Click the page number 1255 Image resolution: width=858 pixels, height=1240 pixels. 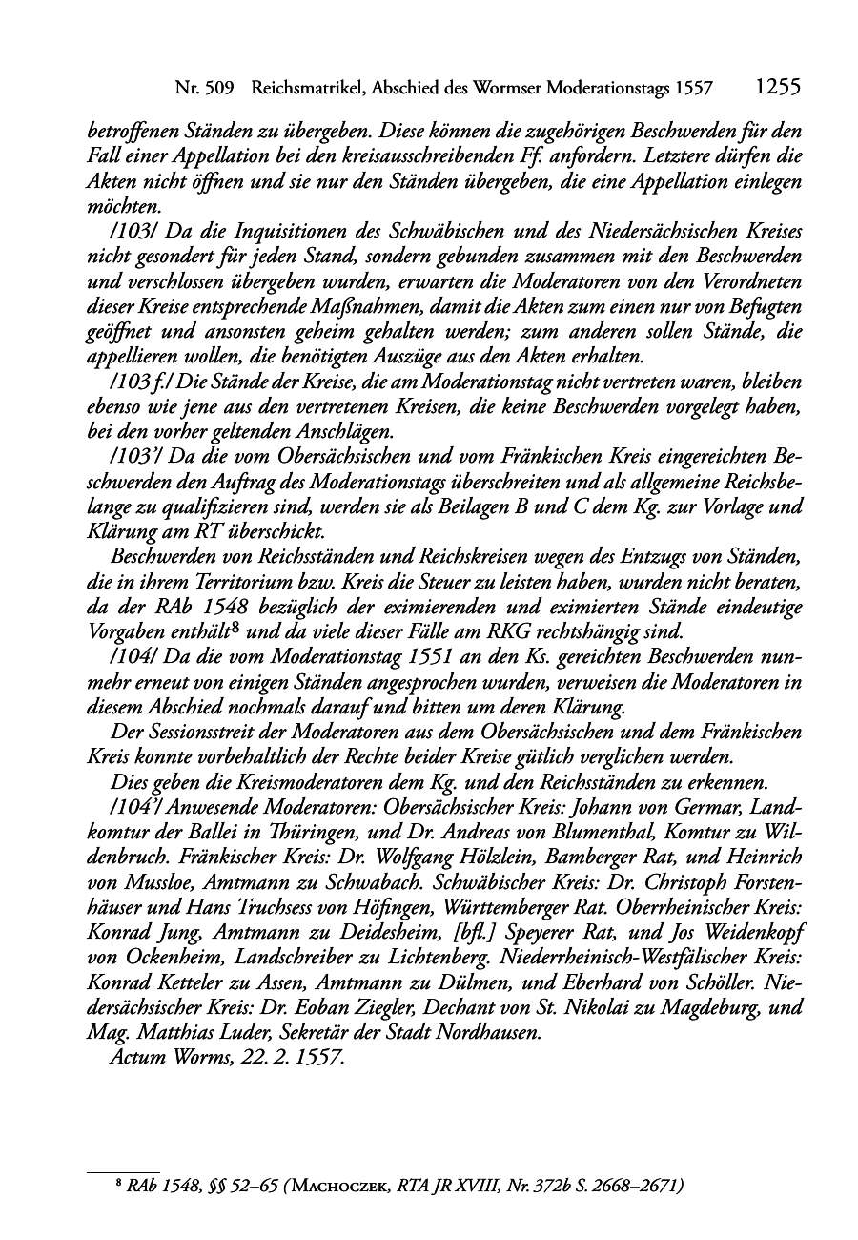[x=776, y=87]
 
